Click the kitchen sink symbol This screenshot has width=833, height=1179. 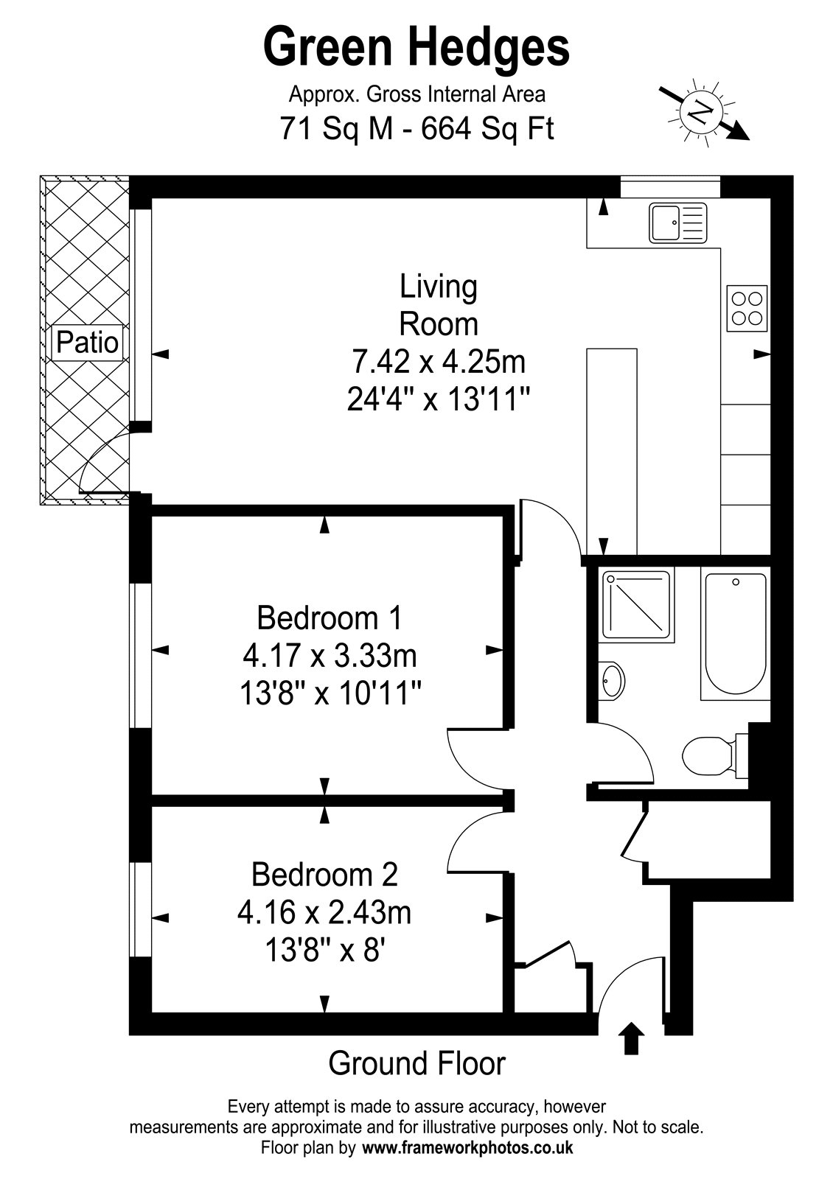point(677,223)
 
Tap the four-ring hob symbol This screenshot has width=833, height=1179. point(747,309)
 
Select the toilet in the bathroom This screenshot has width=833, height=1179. point(714,756)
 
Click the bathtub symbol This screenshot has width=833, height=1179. point(734,637)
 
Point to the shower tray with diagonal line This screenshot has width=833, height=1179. point(637,605)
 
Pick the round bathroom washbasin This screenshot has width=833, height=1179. point(612,681)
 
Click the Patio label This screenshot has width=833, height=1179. point(87,343)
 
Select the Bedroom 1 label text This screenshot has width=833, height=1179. point(330,618)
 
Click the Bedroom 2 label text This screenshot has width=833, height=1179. point(325,874)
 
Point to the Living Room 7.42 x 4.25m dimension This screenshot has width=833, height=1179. point(438,362)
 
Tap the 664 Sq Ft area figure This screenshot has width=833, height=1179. point(487,129)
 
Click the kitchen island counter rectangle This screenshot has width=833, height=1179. point(612,451)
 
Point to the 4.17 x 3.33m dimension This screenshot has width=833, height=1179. point(330,656)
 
